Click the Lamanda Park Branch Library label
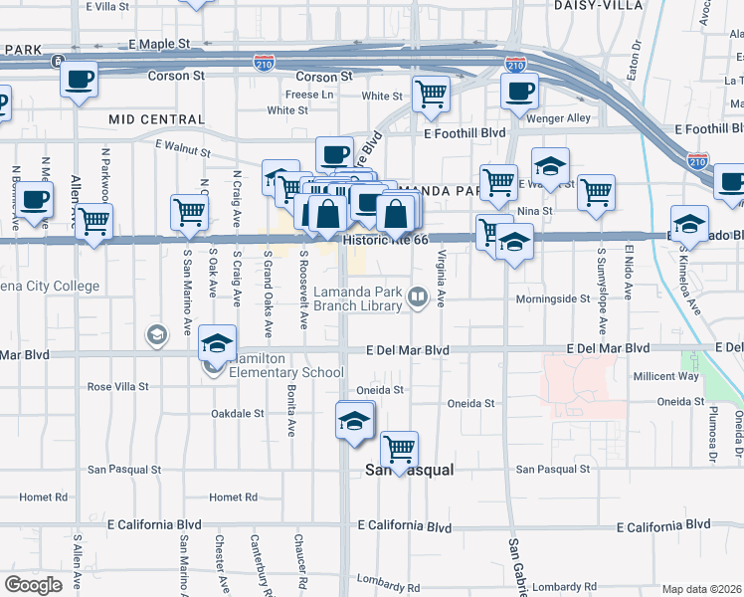357,298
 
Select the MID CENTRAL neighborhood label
156,119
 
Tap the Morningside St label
553,298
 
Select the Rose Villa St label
117,386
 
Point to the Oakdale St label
238,413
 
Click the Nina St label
562,210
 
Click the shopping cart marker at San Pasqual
399,449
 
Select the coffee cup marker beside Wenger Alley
519,92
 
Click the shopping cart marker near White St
432,93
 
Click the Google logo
33,585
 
